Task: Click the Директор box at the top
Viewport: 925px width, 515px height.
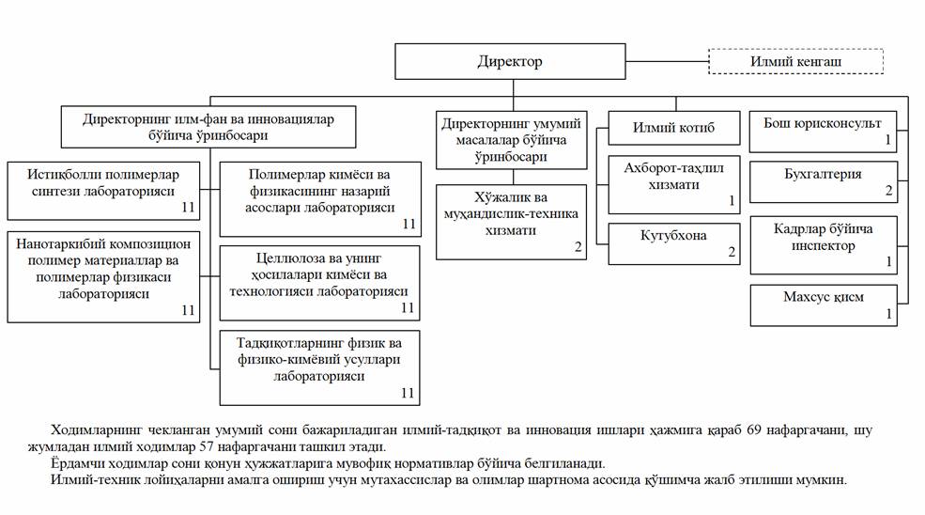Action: [510, 62]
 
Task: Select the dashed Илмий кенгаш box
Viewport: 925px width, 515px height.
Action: [794, 62]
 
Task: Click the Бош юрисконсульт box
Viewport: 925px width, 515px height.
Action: [823, 131]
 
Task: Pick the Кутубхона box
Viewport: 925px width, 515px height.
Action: [674, 243]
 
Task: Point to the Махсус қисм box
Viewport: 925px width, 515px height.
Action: [823, 304]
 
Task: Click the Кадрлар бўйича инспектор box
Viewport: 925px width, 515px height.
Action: [823, 243]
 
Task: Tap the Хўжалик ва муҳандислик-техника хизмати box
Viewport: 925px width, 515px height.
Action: [512, 221]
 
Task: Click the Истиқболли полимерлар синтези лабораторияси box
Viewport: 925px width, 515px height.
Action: [104, 191]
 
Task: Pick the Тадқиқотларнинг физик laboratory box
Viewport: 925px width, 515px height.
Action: [318, 366]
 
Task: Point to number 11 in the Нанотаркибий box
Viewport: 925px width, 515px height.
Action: [188, 311]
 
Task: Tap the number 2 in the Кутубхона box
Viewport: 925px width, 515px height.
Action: [732, 254]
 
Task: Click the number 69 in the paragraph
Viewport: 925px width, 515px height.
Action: [754, 430]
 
